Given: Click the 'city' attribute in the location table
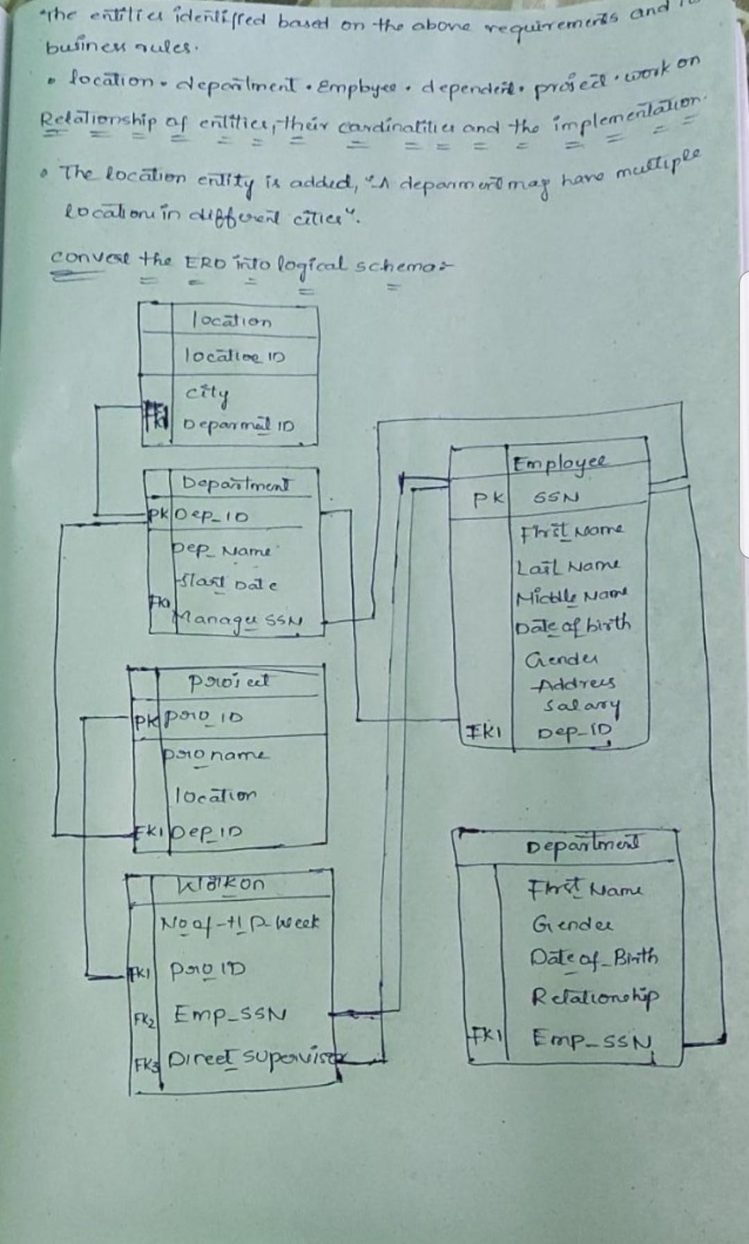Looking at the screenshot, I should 207,392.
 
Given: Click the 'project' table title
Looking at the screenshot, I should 230,682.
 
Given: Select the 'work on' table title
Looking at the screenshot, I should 222,884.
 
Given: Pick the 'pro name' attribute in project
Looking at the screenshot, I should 215,754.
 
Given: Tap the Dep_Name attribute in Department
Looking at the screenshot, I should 222,550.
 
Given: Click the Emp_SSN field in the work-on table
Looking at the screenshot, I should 230,1014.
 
